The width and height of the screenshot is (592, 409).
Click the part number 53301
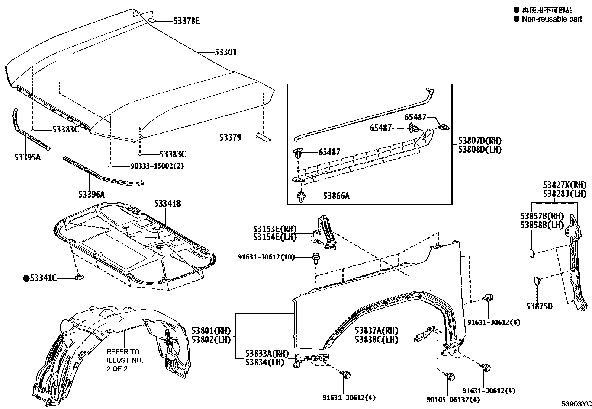[226, 52]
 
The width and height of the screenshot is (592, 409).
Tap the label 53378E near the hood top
[186, 21]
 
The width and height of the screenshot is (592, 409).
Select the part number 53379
[230, 138]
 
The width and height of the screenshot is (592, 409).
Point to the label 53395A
[27, 157]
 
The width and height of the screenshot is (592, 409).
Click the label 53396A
[91, 194]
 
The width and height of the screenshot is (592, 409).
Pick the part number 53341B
[168, 204]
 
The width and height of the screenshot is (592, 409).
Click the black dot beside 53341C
[26, 278]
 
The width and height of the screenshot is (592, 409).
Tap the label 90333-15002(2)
[157, 166]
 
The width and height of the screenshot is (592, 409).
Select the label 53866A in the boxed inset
[336, 196]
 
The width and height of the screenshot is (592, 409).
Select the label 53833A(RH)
[267, 353]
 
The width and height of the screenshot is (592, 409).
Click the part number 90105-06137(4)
[453, 400]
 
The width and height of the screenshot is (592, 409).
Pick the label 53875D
[539, 306]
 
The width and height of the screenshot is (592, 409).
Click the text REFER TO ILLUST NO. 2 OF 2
[125, 360]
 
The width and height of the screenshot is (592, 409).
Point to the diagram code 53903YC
[576, 404]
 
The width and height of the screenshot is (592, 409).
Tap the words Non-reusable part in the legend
[552, 19]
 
